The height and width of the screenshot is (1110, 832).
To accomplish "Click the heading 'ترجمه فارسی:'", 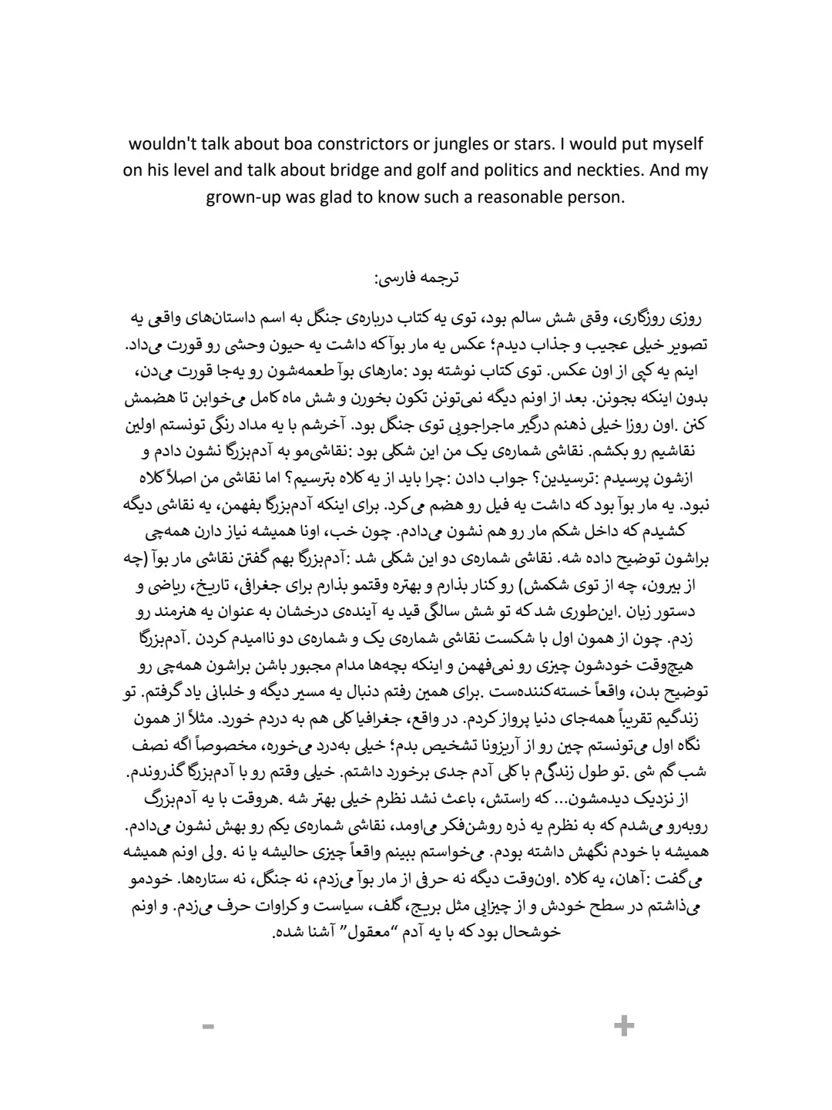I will [416, 277].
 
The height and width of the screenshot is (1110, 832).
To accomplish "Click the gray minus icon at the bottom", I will [207, 1026].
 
